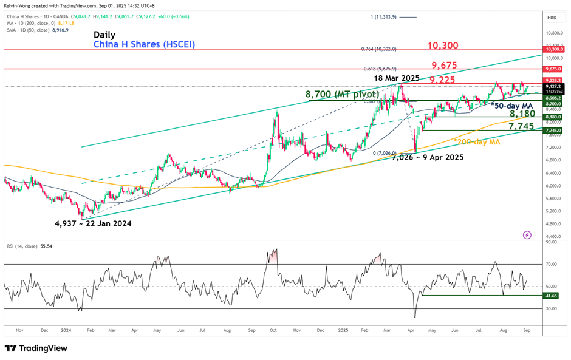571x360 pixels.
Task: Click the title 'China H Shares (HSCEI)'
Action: point(144,44)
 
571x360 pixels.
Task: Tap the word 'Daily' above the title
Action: point(104,35)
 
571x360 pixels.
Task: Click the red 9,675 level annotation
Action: point(445,65)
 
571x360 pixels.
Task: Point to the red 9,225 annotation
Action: point(443,80)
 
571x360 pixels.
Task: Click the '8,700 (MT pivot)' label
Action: point(342,94)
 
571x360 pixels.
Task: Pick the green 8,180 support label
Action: point(522,114)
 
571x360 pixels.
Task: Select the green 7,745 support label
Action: point(522,126)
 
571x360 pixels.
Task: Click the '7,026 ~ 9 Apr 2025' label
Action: point(428,157)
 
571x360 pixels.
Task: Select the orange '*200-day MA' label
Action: point(477,141)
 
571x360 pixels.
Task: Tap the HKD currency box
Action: point(553,18)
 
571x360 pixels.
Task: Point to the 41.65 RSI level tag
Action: point(552,296)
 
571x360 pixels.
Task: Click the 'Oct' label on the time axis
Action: point(273,330)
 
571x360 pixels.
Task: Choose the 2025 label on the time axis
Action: point(343,330)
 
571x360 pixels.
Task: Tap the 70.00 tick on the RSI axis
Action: point(552,264)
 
